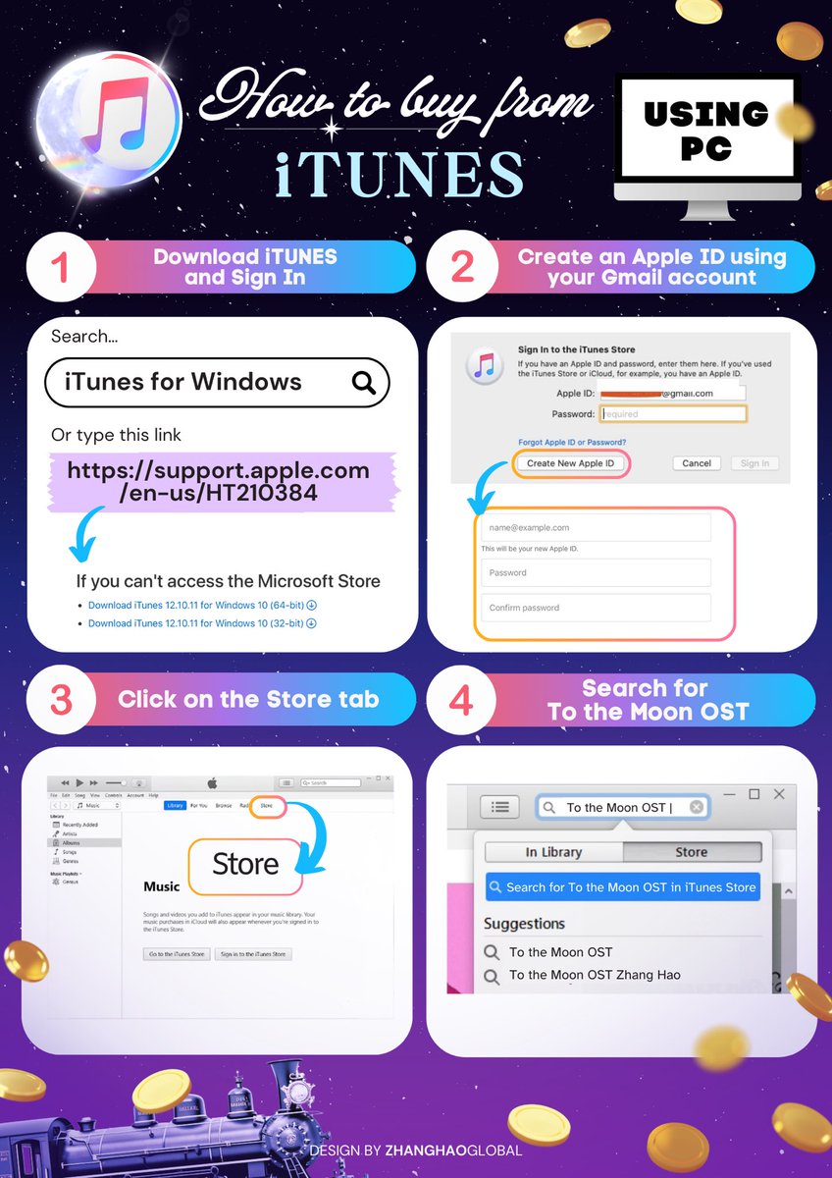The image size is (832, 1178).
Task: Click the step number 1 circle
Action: tap(60, 267)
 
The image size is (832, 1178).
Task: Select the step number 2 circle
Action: tap(462, 267)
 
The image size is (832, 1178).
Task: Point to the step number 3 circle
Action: tap(60, 699)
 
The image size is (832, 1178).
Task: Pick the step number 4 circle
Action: tap(462, 699)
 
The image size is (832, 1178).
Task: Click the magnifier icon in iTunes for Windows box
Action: tap(364, 383)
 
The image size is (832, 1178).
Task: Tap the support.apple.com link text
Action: tap(218, 481)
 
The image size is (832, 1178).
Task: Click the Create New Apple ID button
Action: tap(570, 463)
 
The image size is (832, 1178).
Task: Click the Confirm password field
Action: tap(596, 608)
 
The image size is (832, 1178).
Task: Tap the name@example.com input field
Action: tap(596, 528)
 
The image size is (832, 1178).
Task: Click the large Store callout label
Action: tap(245, 865)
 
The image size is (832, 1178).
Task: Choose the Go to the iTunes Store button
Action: tap(177, 953)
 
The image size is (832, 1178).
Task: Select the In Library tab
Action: tap(553, 852)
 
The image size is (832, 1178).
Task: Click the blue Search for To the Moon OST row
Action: tap(622, 887)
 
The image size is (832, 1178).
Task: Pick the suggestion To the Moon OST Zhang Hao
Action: tap(594, 975)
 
